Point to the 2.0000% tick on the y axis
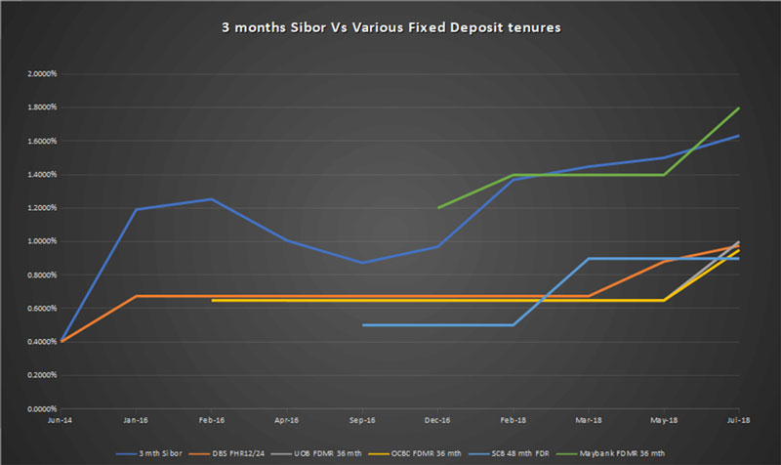32,73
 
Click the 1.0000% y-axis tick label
32,241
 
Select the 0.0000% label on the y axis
32,408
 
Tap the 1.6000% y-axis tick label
32,141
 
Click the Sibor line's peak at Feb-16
211,198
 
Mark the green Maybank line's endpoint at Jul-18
739,107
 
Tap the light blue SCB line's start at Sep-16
362,324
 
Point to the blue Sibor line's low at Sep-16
362,263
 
